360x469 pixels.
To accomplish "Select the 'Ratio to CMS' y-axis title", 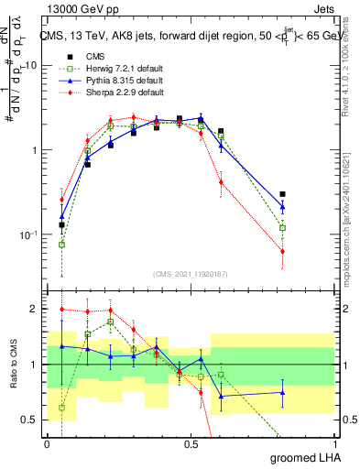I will pyautogui.click(x=12, y=365).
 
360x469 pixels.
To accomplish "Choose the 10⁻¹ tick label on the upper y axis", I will pyautogui.click(x=27, y=234).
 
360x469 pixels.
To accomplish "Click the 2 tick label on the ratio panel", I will pyautogui.click(x=35, y=309).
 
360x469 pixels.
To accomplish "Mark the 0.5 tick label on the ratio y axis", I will pyautogui.click(x=30, y=420).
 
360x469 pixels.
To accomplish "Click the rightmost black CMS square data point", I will pyautogui.click(x=283, y=194).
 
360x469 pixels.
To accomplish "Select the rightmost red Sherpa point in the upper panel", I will pyautogui.click(x=283, y=251).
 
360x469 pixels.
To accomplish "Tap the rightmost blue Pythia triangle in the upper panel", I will pyautogui.click(x=283, y=206).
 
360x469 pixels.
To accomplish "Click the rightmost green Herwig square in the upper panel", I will pyautogui.click(x=283, y=227).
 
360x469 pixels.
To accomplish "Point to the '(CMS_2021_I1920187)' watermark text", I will pyautogui.click(x=191, y=274).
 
